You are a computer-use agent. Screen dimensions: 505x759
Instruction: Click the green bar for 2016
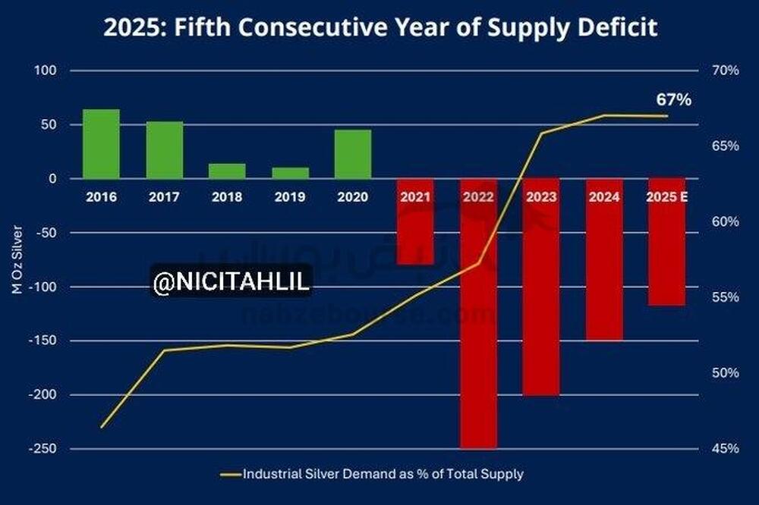pos(101,144)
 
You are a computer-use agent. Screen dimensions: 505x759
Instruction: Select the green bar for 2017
pos(164,150)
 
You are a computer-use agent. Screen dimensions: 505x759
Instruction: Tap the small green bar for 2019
pos(290,173)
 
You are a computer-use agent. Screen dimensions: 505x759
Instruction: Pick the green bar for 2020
pos(353,154)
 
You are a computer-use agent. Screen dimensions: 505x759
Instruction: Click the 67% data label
pos(673,100)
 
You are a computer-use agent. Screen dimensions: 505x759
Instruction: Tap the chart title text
pos(379,29)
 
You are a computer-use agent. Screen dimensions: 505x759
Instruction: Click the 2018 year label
pos(227,197)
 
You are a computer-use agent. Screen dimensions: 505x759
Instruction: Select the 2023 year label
pos(541,197)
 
